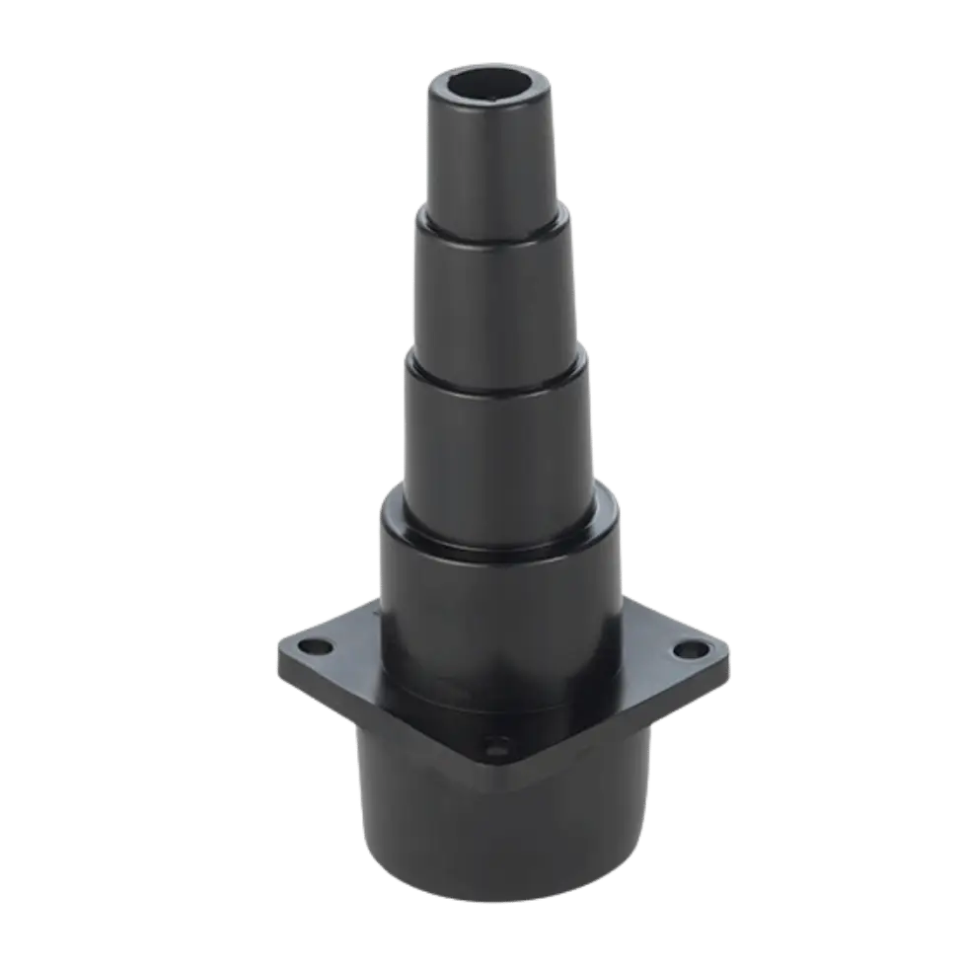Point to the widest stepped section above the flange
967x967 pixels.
498,602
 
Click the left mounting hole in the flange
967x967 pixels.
315,648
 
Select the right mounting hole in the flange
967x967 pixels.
690,651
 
